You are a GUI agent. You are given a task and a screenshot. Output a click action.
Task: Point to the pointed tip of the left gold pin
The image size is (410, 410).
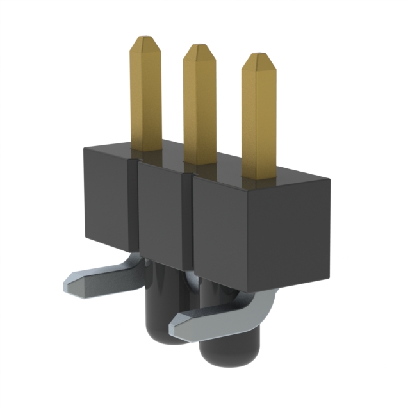pos(145,40)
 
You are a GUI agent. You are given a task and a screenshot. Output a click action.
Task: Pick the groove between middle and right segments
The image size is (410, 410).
pos(187,221)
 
